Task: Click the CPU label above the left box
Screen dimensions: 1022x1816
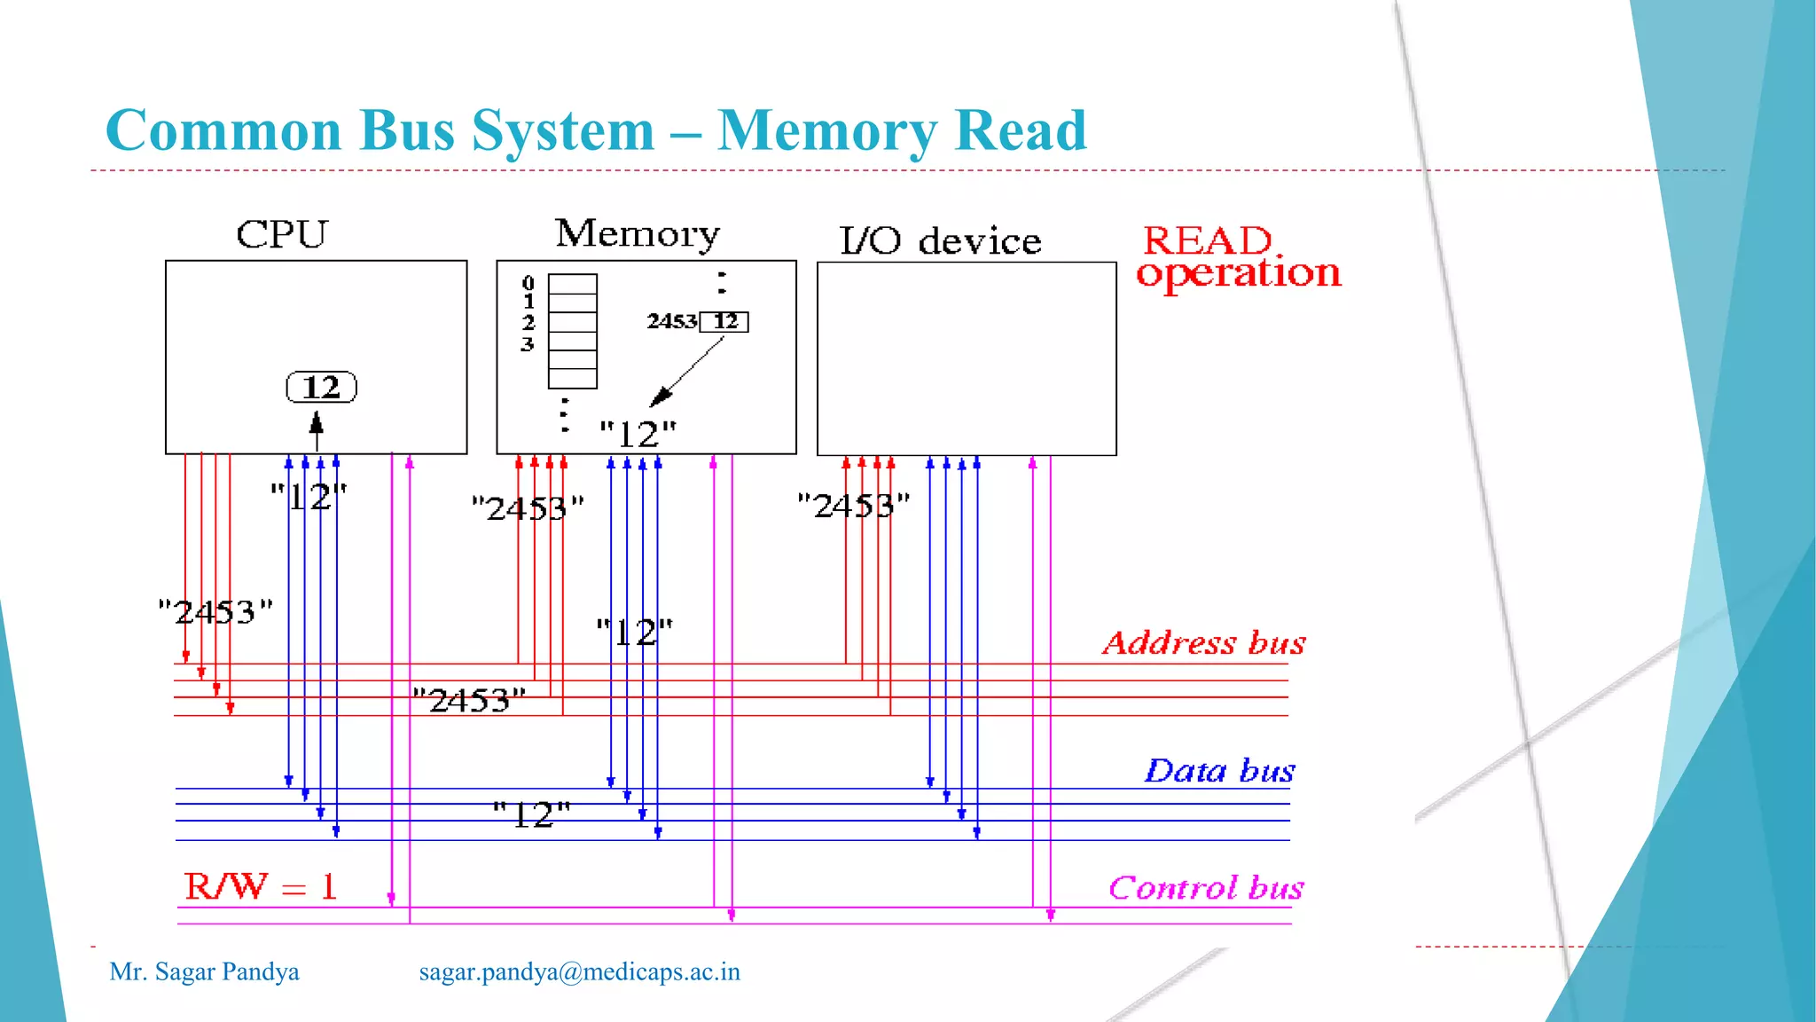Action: click(x=282, y=235)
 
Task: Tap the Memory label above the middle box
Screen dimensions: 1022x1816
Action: click(x=637, y=234)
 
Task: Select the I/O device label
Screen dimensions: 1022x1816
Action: click(x=940, y=241)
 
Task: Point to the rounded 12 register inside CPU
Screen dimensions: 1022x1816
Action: click(x=321, y=388)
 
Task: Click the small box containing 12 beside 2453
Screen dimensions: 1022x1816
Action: click(x=724, y=321)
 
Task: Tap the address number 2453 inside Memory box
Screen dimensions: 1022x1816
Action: click(x=671, y=321)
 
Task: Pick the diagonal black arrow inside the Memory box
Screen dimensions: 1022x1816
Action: click(x=687, y=373)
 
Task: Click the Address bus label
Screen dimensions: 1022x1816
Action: click(x=1203, y=642)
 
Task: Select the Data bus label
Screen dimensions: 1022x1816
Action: click(x=1219, y=770)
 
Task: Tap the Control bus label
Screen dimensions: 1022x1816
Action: click(x=1205, y=887)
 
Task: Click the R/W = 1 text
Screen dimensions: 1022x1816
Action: click(x=261, y=886)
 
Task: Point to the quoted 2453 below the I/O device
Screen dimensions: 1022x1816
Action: click(x=853, y=506)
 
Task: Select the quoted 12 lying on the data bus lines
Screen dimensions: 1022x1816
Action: click(x=531, y=814)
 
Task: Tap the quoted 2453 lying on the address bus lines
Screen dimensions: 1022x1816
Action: click(x=469, y=700)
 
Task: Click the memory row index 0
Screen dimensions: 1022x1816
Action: click(x=528, y=283)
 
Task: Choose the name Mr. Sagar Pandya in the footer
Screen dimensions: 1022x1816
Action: click(x=204, y=971)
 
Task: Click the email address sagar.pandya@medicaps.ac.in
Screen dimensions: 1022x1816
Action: click(x=579, y=971)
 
